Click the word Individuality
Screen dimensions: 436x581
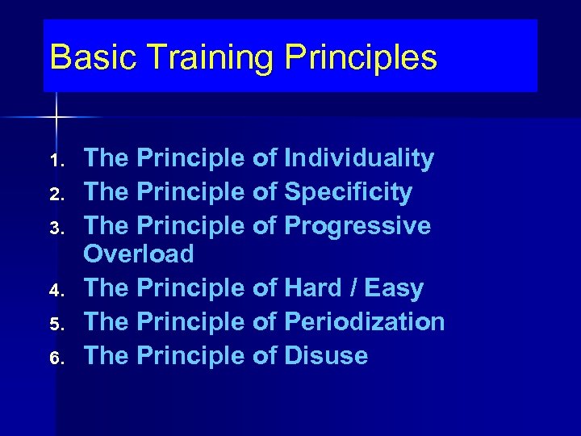[x=359, y=159]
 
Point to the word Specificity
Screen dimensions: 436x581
[x=348, y=193]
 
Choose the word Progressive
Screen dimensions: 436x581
[x=357, y=226]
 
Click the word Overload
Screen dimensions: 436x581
[x=139, y=254]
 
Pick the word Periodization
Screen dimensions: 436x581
[x=364, y=321]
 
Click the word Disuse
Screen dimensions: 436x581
[x=326, y=355]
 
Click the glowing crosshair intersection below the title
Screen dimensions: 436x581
[x=57, y=118]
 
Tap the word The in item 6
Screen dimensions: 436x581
[x=107, y=355]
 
